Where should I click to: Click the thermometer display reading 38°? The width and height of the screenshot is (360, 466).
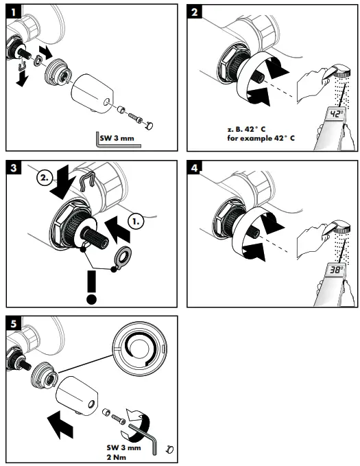(x=335, y=271)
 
